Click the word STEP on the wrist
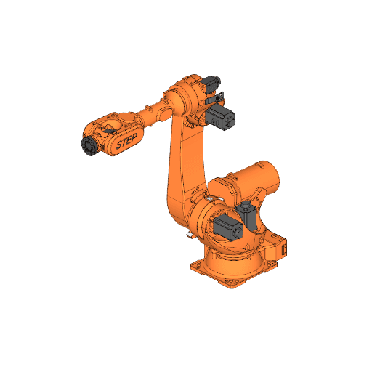pyautogui.click(x=126, y=142)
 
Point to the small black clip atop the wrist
pyautogui.click(x=111, y=118)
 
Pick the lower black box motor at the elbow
pyautogui.click(x=222, y=117)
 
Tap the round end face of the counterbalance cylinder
pyautogui.click(x=268, y=177)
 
